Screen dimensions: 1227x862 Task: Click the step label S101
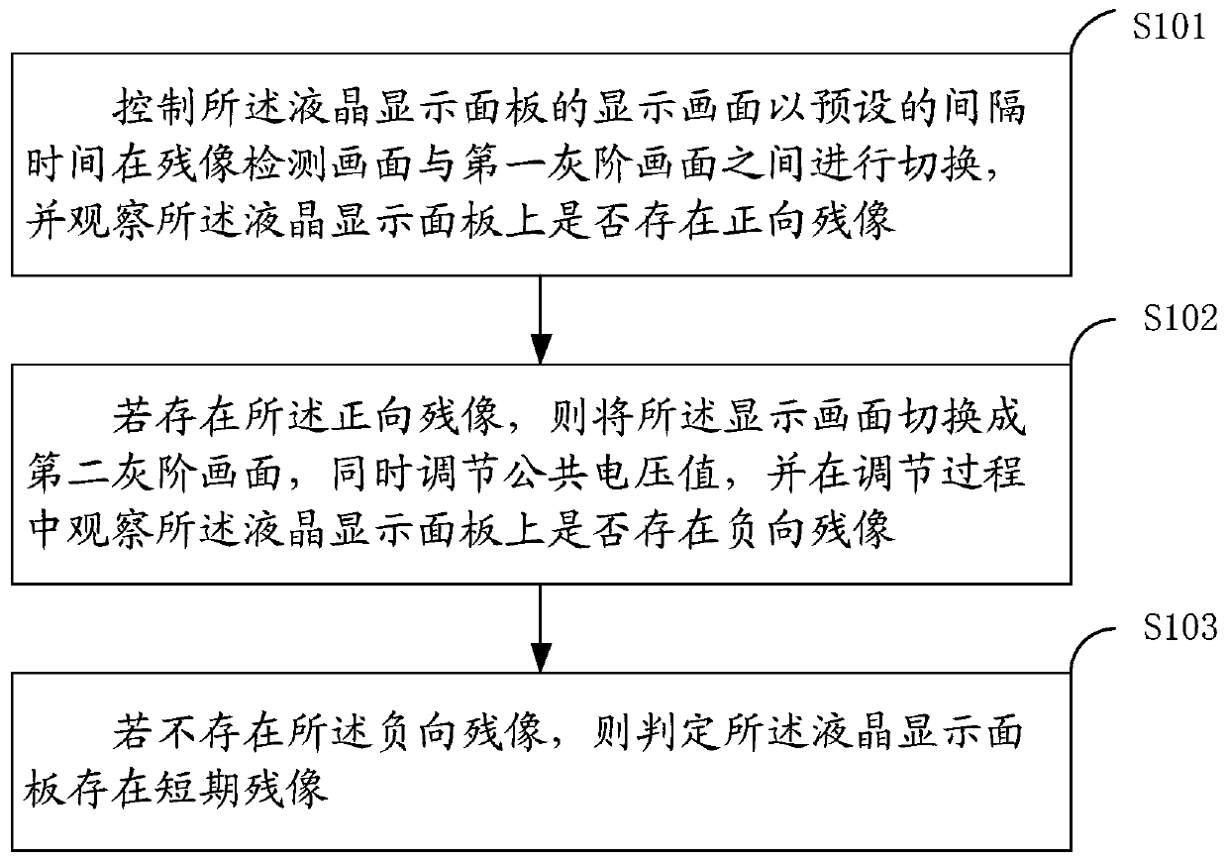tap(1169, 27)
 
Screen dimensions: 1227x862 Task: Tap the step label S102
tap(1180, 318)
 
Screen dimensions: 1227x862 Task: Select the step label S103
tap(1180, 626)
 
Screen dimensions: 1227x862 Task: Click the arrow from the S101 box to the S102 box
tap(540, 319)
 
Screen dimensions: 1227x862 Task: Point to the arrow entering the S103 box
tap(540, 628)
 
